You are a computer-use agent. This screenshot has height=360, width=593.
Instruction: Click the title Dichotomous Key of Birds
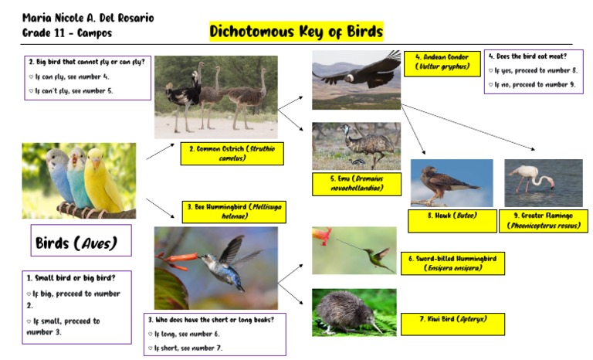(296, 32)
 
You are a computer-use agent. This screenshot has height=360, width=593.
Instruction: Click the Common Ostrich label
(232, 153)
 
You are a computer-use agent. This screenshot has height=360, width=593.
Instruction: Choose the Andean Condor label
(436, 63)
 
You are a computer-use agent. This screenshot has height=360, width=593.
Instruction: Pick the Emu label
(357, 183)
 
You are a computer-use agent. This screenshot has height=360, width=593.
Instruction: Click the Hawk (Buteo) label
(452, 216)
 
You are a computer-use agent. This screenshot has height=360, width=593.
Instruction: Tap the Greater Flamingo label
(543, 220)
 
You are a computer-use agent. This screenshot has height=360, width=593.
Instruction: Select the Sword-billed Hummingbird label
(452, 263)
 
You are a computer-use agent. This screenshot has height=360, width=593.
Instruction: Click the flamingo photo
(544, 183)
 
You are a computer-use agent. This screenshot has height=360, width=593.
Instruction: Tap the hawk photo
(451, 183)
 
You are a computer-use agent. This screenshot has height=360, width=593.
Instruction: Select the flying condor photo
(356, 80)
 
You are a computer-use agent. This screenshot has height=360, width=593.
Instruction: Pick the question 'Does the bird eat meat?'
(533, 57)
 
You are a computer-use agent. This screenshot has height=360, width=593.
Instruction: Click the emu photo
(356, 145)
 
